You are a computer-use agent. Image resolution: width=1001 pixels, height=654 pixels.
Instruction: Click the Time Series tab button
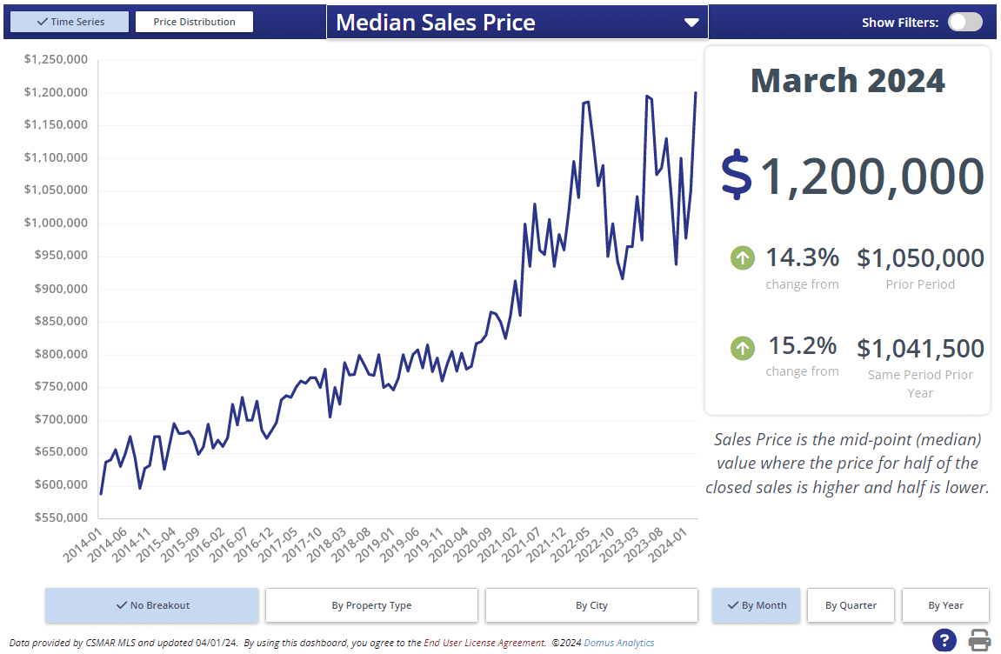70,22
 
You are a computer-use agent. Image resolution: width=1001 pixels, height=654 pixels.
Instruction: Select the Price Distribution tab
194,22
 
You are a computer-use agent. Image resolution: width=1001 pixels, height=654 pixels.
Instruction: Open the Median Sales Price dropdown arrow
691,23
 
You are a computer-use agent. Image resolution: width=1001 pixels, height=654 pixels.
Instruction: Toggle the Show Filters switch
964,22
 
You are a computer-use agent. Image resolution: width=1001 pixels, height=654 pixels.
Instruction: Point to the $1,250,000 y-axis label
56,59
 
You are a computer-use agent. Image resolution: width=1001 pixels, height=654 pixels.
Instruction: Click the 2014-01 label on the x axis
83,544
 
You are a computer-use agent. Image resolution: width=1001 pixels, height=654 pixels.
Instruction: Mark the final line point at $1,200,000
696,92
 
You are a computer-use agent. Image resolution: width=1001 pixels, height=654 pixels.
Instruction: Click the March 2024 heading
847,81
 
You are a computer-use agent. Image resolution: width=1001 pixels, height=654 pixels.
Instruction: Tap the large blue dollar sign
736,175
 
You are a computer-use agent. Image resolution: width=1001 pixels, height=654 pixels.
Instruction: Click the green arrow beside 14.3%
742,258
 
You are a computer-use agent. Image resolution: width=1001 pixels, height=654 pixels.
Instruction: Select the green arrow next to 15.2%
742,349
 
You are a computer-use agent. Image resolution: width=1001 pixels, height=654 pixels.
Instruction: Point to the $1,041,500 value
920,349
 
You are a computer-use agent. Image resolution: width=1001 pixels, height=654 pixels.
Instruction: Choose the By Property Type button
371,605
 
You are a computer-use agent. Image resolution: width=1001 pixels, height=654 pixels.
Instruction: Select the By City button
591,605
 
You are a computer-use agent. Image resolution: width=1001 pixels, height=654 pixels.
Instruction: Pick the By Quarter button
851,605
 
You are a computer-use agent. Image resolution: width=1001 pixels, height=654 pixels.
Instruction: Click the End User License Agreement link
485,643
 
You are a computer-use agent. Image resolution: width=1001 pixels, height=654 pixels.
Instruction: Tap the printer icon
980,640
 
